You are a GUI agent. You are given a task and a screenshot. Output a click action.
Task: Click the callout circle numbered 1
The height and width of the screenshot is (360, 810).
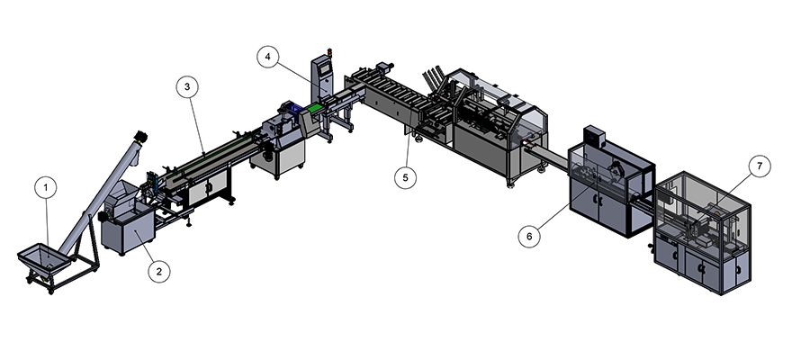pos(46,187)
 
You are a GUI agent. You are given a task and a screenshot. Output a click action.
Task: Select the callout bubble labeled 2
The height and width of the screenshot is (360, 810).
pos(159,271)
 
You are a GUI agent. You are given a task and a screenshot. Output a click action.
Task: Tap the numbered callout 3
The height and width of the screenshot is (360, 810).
pos(187,86)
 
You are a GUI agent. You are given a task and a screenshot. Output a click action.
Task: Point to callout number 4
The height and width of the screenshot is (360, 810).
pos(267,57)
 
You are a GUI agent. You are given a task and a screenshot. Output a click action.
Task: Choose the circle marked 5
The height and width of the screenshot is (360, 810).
pos(406,177)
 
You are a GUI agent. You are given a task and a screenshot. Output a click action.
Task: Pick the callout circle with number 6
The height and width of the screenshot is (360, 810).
pos(529,237)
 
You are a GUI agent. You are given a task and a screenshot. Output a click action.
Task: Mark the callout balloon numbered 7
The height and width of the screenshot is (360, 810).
pos(760,166)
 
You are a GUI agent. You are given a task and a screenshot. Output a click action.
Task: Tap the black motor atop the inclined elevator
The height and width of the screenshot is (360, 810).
pos(140,137)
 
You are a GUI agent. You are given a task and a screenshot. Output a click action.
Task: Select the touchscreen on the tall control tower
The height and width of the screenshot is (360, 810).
pos(325,67)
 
